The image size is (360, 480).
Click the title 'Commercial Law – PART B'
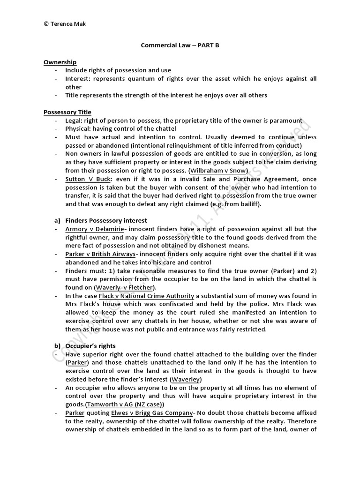180,45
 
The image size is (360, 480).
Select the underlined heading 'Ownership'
60,62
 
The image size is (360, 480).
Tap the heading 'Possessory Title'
67,112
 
